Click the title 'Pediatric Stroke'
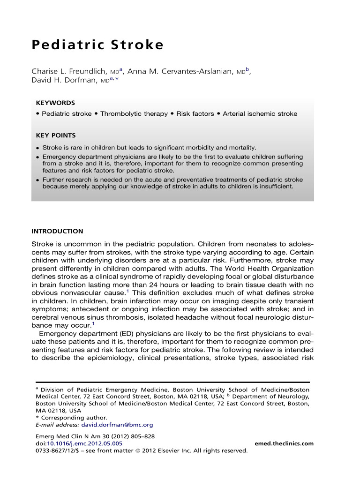[x=97, y=45]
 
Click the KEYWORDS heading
[x=55, y=103]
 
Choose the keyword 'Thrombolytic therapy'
[x=134, y=114]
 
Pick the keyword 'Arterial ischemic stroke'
[x=260, y=114]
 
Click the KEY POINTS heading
[x=56, y=135]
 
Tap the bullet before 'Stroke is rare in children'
[x=37, y=148]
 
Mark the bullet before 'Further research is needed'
[x=37, y=180]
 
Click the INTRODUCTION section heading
[x=57, y=231]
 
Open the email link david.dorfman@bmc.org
[x=117, y=425]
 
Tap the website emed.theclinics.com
[x=284, y=443]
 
